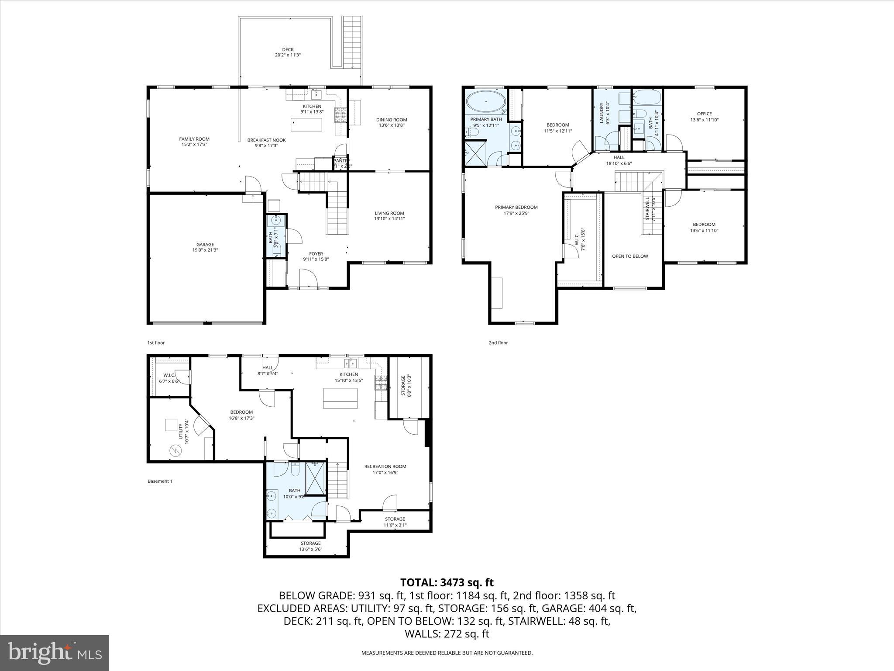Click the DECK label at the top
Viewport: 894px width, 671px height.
[x=288, y=49]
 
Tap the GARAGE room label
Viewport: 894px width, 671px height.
[x=205, y=245]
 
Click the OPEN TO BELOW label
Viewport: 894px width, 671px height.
[x=630, y=256]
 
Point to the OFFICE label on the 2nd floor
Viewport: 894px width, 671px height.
[x=704, y=114]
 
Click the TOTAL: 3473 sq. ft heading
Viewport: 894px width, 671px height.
[x=447, y=582]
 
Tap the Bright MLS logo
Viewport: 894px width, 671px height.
[x=55, y=652]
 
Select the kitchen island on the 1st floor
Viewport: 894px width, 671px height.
[x=307, y=124]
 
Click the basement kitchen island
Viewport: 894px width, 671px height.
[x=340, y=398]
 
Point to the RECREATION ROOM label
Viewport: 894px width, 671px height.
[x=385, y=466]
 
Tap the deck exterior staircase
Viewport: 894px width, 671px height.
[x=352, y=42]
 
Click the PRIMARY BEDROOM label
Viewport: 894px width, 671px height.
[x=516, y=207]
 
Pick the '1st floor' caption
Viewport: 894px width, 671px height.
[x=156, y=343]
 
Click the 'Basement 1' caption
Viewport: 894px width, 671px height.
[x=160, y=481]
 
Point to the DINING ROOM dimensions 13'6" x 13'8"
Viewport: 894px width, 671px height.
[x=392, y=125]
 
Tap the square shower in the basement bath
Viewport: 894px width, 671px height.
[x=315, y=478]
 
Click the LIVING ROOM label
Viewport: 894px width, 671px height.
[x=389, y=213]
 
